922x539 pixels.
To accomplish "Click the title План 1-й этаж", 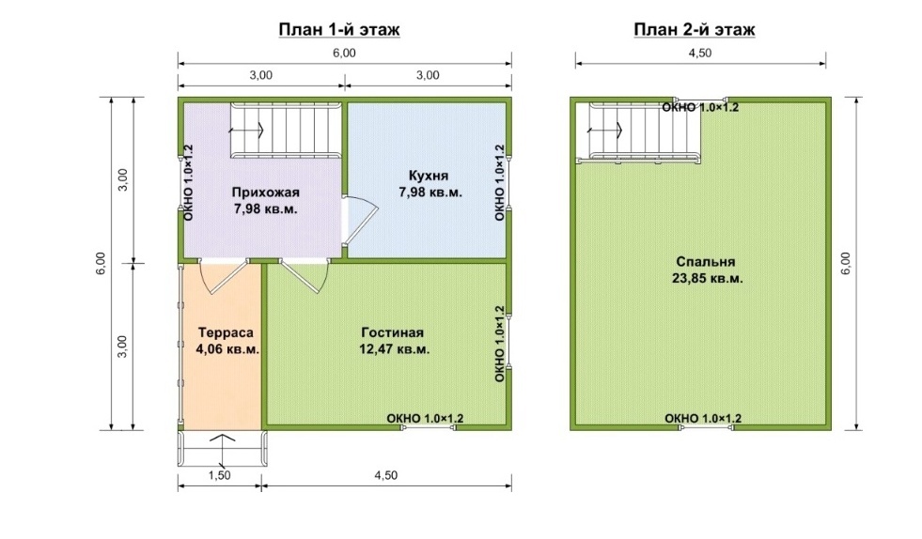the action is coord(339,29).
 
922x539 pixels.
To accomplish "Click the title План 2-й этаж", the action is coord(695,29).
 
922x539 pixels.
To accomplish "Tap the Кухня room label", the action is coord(429,176).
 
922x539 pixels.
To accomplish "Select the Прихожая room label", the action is coord(265,192).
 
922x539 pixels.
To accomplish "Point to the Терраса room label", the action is coord(226,332).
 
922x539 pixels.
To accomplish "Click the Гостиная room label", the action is coord(392,332).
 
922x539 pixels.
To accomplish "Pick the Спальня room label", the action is coord(706,262).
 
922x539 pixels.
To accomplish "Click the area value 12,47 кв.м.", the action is coord(395,349).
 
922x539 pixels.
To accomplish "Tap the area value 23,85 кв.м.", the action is coord(708,278).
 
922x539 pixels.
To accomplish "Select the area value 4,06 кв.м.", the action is coord(227,349).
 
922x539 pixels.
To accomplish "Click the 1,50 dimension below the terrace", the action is coord(219,475).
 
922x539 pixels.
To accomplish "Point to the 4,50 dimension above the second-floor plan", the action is coord(700,53).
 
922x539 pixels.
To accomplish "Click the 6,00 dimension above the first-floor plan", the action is coord(344,53).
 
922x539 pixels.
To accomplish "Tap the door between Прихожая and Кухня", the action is coord(360,219).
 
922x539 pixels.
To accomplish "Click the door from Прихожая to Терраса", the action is coord(224,277).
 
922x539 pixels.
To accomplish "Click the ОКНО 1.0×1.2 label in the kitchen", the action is coord(500,183).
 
